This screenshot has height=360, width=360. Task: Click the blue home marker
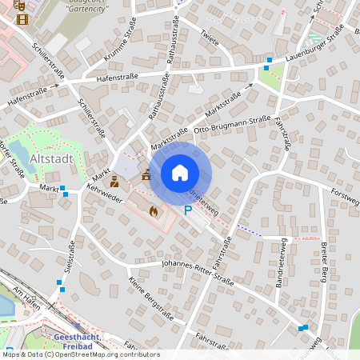coord(180,173)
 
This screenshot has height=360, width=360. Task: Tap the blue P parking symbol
coord(188,210)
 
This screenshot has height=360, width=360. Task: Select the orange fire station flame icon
coord(153,210)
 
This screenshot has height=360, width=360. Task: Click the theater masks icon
coord(22,5)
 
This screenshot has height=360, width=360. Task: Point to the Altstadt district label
coord(50,159)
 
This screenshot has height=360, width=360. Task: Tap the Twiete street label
coord(210,37)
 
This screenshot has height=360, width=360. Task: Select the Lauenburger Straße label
coord(316,46)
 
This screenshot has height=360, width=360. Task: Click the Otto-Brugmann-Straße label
coord(233,127)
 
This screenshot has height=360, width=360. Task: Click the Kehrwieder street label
coord(103,194)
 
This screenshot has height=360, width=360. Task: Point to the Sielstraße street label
coord(70,255)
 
